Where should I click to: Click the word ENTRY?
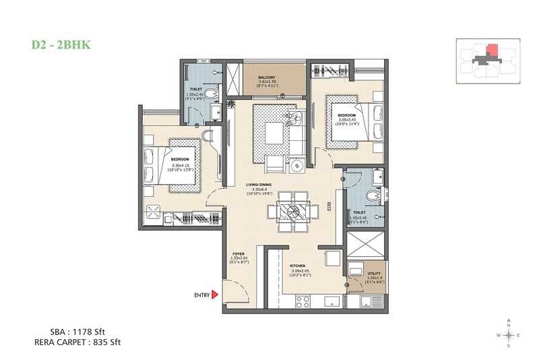201,295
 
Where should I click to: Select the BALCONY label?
267,78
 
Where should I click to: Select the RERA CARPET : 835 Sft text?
78,342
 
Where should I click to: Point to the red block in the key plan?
493,51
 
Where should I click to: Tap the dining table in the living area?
293,211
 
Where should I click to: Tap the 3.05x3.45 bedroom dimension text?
348,119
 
